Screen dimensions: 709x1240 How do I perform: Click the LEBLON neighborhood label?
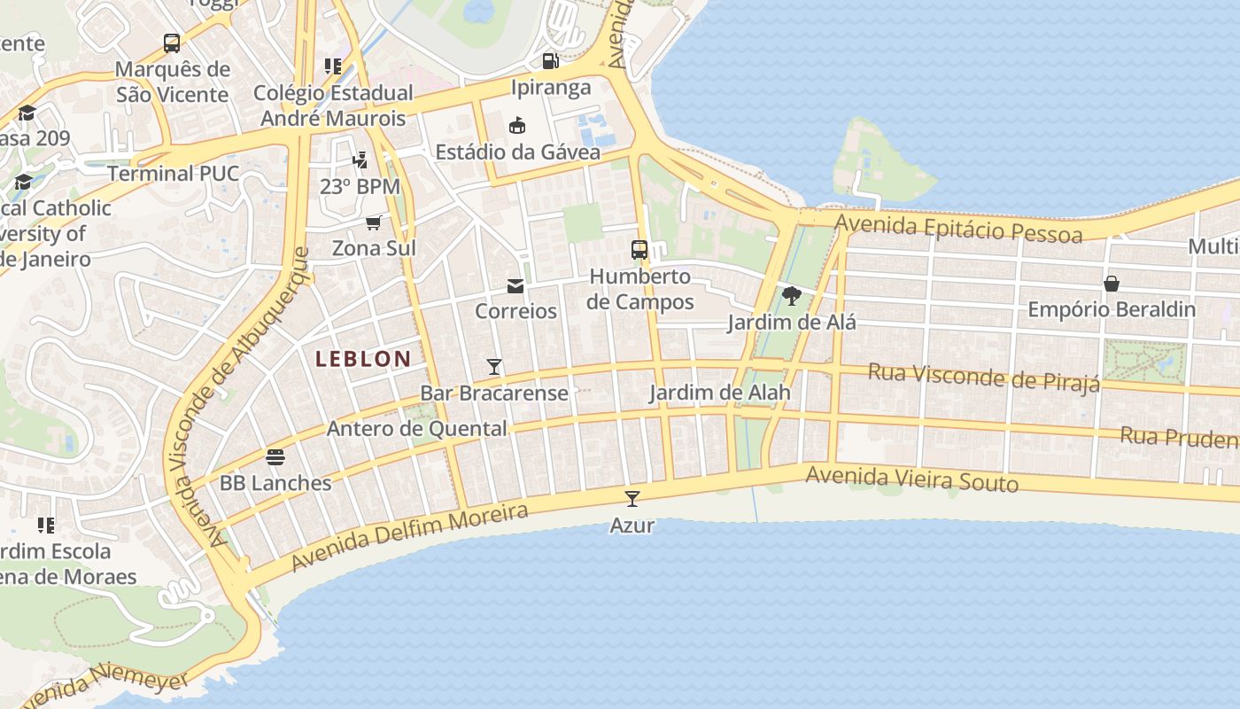pyautogui.click(x=363, y=359)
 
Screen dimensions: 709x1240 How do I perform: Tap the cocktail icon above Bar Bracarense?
pyautogui.click(x=494, y=367)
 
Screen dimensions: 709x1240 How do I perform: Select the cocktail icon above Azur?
pyautogui.click(x=632, y=499)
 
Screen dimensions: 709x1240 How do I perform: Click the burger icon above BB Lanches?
pyautogui.click(x=275, y=457)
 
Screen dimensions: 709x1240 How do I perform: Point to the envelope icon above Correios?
pyautogui.click(x=515, y=286)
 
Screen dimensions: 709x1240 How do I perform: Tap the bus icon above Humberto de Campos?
pyautogui.click(x=639, y=250)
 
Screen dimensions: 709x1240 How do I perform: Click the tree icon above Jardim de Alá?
pyautogui.click(x=792, y=296)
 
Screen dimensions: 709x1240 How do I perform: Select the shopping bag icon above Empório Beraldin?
pyautogui.click(x=1112, y=284)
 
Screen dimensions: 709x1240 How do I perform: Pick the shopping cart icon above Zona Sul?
pyautogui.click(x=374, y=222)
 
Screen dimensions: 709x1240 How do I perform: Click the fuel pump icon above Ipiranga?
pyautogui.click(x=551, y=61)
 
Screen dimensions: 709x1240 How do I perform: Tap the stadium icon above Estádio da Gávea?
pyautogui.click(x=517, y=126)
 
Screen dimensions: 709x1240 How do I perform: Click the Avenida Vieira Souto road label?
pyautogui.click(x=911, y=479)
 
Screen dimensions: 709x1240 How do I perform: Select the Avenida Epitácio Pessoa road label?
pyautogui.click(x=958, y=229)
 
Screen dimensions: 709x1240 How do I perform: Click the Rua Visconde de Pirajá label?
pyautogui.click(x=983, y=377)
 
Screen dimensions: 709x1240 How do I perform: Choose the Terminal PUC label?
pyautogui.click(x=174, y=174)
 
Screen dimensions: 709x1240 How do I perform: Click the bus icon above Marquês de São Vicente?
pyautogui.click(x=172, y=43)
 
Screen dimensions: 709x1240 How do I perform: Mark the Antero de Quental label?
pyautogui.click(x=417, y=429)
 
